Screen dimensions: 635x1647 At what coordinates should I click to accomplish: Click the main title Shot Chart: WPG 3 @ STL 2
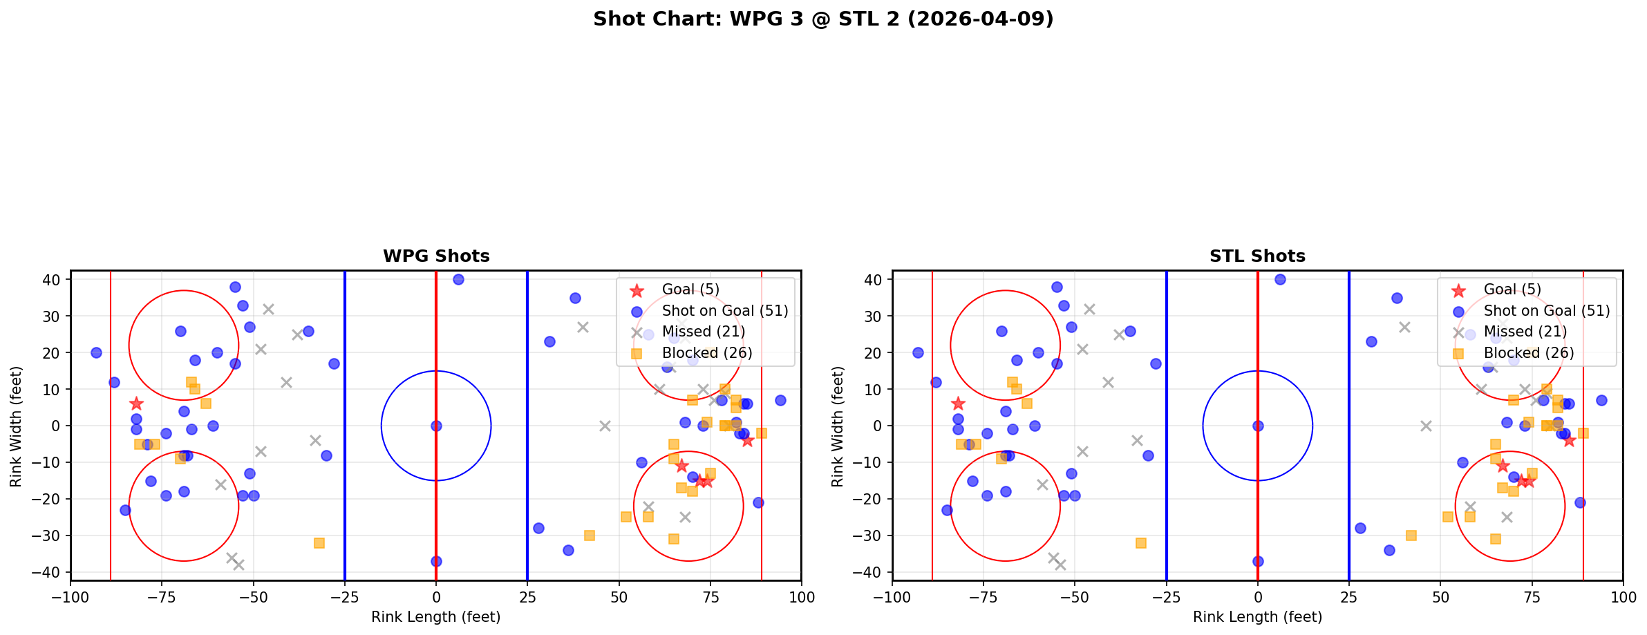click(x=823, y=19)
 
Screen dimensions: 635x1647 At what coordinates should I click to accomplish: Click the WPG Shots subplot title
click(x=436, y=256)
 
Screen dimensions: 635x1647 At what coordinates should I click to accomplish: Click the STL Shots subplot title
click(x=1257, y=256)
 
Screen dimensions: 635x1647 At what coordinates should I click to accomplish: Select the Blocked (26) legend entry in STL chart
click(x=1529, y=353)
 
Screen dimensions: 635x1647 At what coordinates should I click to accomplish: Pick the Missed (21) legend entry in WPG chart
click(x=703, y=332)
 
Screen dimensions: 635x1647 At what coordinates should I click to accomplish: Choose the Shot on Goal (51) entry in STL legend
click(x=1547, y=311)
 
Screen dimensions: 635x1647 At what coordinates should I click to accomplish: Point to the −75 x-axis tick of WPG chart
click(x=162, y=597)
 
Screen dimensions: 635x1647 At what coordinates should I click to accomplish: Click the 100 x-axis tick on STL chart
click(x=1623, y=597)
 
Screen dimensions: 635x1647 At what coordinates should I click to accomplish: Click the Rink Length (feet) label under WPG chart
click(x=436, y=617)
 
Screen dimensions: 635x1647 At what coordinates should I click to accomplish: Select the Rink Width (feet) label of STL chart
click(x=838, y=426)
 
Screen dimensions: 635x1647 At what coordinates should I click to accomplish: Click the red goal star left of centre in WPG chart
click(x=136, y=404)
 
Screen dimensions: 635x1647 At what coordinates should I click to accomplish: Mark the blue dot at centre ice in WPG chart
click(x=436, y=426)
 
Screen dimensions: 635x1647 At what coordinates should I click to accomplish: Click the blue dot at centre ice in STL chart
click(x=1258, y=426)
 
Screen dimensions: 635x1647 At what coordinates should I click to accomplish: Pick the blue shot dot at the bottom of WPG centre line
click(x=436, y=561)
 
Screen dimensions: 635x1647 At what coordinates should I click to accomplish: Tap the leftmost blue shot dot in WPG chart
click(x=96, y=352)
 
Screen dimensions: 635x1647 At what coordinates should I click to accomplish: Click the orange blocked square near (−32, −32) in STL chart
click(x=1141, y=543)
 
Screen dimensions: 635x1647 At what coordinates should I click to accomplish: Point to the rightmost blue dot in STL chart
click(x=1601, y=400)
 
